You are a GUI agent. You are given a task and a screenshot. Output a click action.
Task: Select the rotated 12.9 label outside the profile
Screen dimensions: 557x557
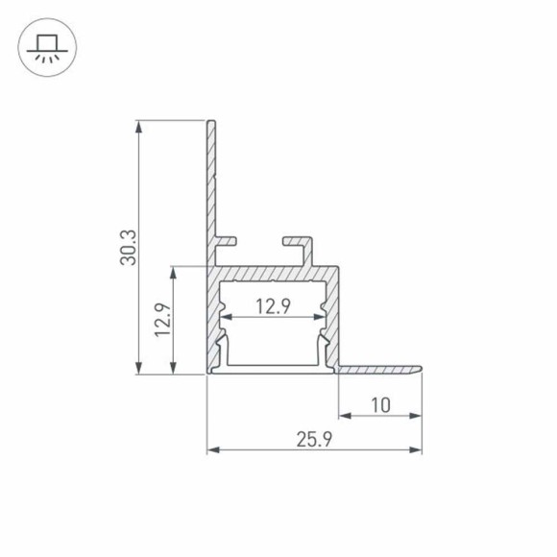click(162, 321)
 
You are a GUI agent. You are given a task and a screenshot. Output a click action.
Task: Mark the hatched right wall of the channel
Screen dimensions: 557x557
click(332, 317)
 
